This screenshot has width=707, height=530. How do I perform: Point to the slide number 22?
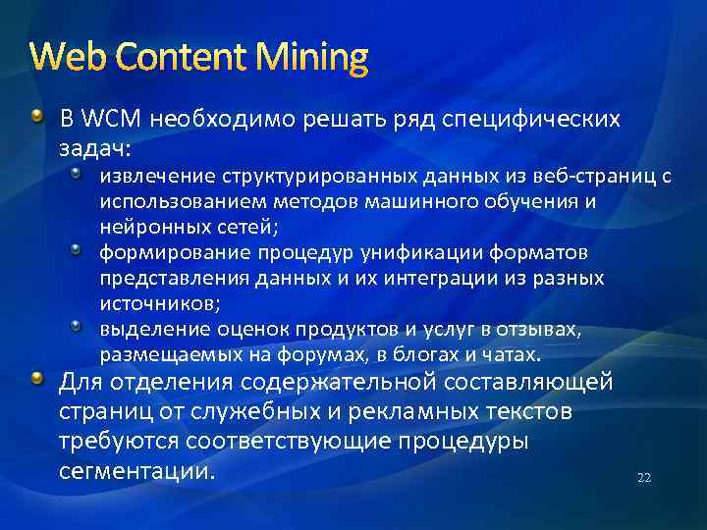click(x=644, y=478)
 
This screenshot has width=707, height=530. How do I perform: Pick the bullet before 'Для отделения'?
click(x=37, y=380)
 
